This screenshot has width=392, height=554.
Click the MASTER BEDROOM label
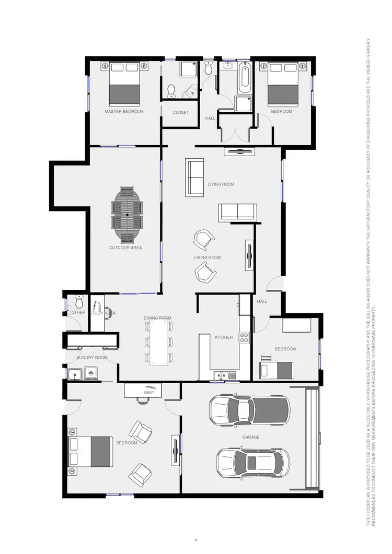pos(124,111)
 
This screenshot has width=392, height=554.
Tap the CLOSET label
pos(181,113)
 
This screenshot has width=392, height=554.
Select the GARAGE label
pos(251,437)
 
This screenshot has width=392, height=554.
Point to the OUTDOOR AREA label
pos(125,247)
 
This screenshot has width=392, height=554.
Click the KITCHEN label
pos(224,337)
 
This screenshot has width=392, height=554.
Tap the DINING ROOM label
pos(157,318)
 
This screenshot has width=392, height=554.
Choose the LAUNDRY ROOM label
pos(90,358)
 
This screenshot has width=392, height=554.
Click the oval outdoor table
pos(128,215)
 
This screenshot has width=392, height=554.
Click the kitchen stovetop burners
pos(244,337)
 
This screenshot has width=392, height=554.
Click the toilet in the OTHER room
pos(79,301)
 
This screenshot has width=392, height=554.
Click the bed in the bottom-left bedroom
pos(90,452)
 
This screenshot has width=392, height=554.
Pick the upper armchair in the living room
pos(204,239)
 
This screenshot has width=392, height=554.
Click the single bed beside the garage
pos(277,370)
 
